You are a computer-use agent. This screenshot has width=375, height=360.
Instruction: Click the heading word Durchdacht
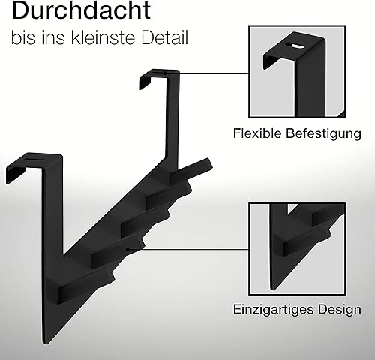click(81, 10)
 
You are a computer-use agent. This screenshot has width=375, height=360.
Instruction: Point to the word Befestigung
click(323, 133)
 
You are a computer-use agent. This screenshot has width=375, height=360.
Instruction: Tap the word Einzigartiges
click(274, 310)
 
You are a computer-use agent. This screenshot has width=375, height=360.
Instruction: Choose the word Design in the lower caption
click(340, 310)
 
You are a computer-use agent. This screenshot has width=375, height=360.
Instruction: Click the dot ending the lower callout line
click(127, 249)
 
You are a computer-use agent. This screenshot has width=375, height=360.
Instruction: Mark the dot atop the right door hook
click(165, 73)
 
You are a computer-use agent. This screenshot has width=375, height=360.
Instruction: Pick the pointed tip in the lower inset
click(273, 289)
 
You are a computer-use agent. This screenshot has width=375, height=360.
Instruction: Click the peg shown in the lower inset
click(307, 242)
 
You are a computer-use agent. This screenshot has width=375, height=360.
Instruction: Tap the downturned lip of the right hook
click(144, 80)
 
